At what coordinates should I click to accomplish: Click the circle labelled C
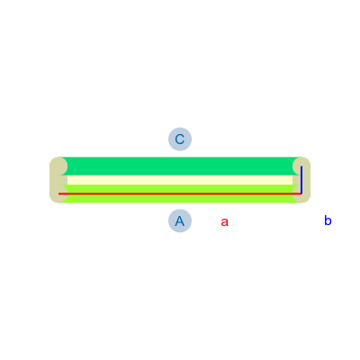[x=180, y=139]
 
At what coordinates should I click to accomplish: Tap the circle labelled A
[x=180, y=221]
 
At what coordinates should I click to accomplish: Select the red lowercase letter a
[x=225, y=222]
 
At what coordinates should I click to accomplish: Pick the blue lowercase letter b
[x=328, y=220]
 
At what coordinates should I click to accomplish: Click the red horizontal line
[x=180, y=193]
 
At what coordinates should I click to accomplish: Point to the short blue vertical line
[x=301, y=180]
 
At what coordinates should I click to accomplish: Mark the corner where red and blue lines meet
[x=301, y=193]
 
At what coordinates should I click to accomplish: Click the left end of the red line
[x=58, y=193]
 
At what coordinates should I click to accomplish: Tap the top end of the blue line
[x=301, y=166]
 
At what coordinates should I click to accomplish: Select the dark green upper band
[x=180, y=166]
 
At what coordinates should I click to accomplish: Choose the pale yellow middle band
[x=180, y=180]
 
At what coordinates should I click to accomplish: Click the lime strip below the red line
[x=180, y=199]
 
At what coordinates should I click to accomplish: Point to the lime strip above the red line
[x=180, y=189]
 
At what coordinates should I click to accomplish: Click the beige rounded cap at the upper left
[x=58, y=166]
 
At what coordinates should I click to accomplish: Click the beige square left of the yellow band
[x=58, y=180]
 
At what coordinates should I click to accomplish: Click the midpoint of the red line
[x=180, y=193]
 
